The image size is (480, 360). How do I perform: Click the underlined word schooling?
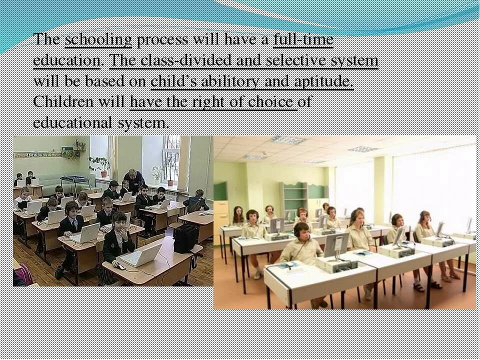click(x=98, y=40)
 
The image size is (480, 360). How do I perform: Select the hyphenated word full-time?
click(x=303, y=40)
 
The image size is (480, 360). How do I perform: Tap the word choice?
click(x=270, y=102)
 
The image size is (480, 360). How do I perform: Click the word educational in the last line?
click(x=72, y=122)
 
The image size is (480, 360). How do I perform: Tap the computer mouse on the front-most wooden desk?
click(x=120, y=266)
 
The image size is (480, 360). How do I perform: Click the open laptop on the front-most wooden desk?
click(x=142, y=255)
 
